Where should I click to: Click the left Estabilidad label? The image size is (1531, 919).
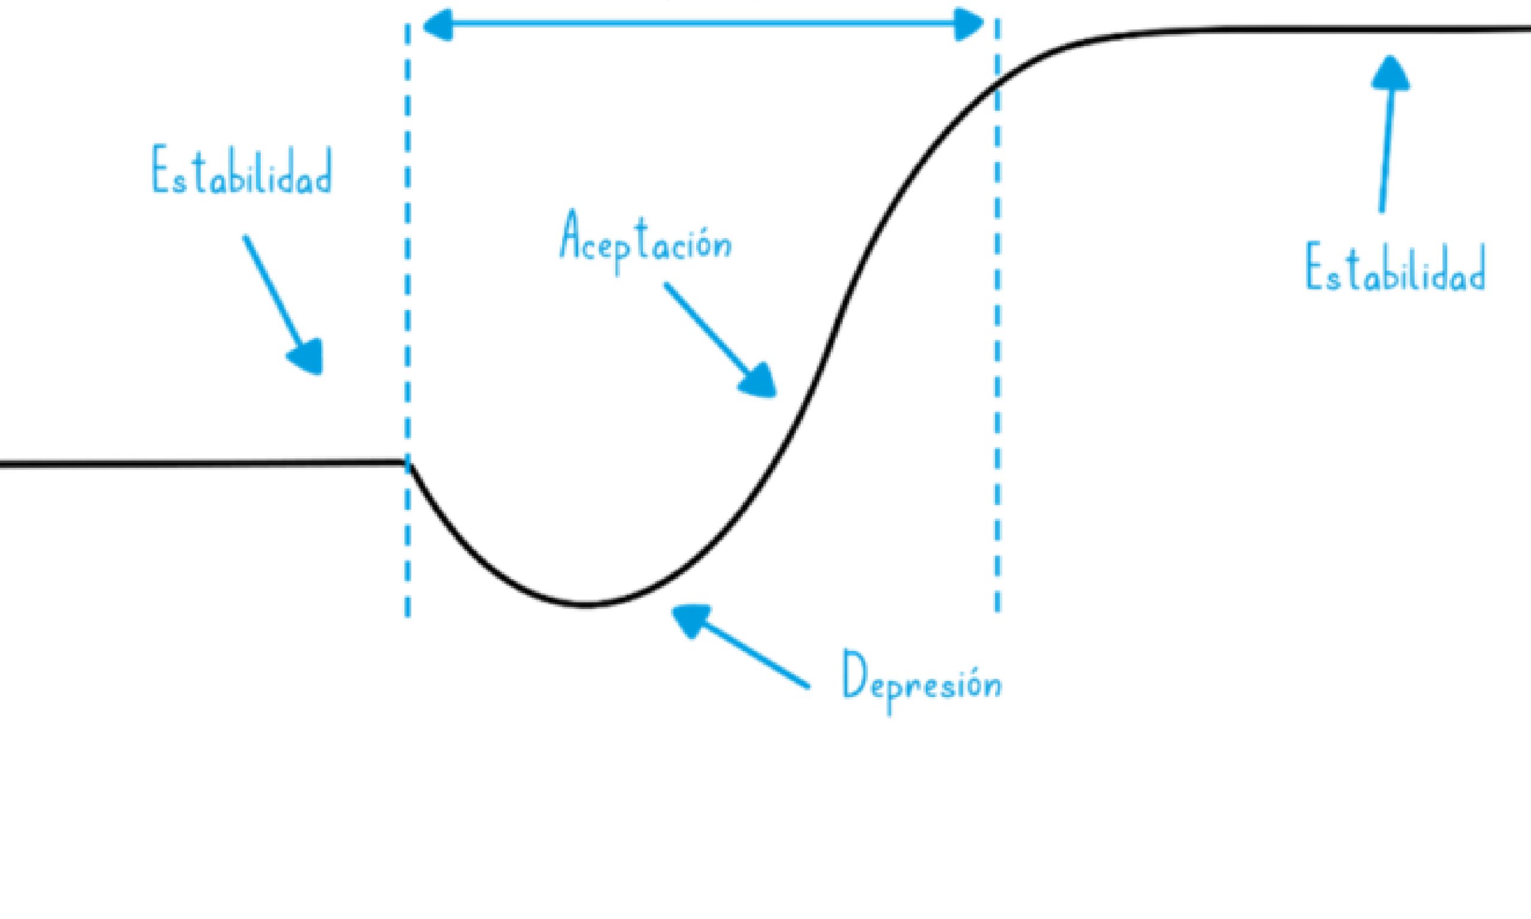pos(242,171)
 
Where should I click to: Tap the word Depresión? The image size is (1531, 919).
pos(922,684)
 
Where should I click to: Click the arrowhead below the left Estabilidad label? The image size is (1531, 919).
pos(309,358)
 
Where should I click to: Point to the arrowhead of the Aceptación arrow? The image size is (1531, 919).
pos(760,381)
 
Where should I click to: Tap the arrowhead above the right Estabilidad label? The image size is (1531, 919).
pos(1390,73)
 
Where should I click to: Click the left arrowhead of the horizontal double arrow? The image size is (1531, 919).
pos(437,25)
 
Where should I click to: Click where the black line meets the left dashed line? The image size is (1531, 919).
pos(407,462)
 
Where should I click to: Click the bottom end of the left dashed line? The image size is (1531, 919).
pos(407,614)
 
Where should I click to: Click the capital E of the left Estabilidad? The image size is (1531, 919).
pos(160,169)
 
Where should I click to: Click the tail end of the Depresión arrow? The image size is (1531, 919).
pos(807,686)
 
